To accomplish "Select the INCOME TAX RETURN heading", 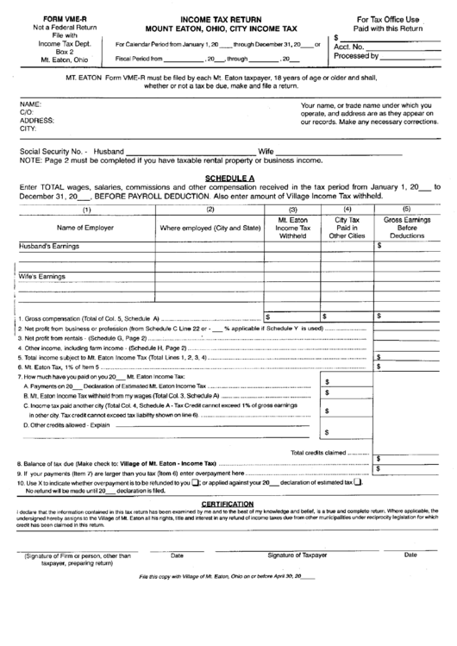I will (210, 17).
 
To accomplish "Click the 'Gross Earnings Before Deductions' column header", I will (406, 228).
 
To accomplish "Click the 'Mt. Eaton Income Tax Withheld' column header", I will (292, 228).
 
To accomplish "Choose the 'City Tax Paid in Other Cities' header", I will (347, 228).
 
